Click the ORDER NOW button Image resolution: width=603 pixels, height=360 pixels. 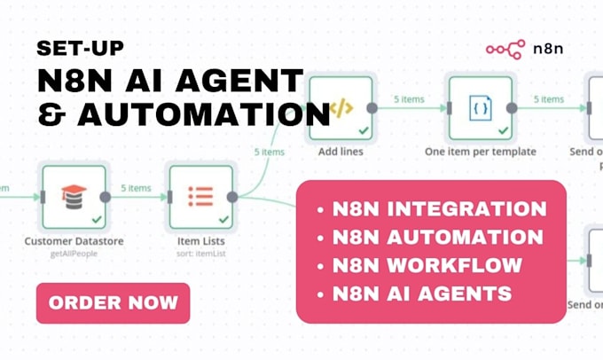point(113,303)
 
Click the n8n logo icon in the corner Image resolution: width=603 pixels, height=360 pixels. point(505,51)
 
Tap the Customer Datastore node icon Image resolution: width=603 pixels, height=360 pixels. point(74,196)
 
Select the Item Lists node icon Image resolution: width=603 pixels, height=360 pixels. point(200,196)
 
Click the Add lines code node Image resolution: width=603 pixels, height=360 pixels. point(341,108)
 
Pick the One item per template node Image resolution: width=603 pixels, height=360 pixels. point(480,108)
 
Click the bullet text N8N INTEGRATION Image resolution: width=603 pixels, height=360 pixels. point(439,210)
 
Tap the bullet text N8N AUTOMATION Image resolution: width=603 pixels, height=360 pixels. point(437,238)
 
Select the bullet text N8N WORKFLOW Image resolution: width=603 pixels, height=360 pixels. point(427,265)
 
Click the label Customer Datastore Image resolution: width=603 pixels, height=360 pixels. point(74,241)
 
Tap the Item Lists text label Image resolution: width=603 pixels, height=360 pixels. point(200,241)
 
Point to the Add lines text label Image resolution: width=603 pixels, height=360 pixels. point(341,152)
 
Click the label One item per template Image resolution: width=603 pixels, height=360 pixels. point(480,152)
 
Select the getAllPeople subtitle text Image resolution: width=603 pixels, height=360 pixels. point(74,254)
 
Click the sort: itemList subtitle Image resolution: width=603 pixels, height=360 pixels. point(200,254)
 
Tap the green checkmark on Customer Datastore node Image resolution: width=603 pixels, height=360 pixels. point(96,218)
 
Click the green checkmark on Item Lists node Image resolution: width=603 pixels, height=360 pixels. point(223,218)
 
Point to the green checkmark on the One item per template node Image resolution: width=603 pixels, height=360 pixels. point(503,130)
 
